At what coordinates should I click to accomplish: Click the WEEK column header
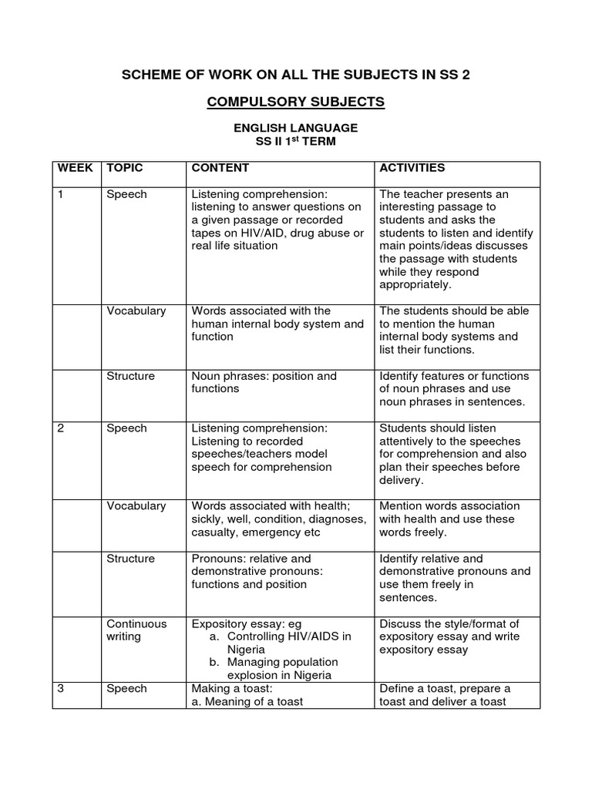tap(75, 168)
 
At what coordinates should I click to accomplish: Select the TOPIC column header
tap(125, 168)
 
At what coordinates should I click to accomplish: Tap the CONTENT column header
tap(220, 168)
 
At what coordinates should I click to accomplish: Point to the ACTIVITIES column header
tap(412, 168)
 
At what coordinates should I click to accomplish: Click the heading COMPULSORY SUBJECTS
tap(297, 102)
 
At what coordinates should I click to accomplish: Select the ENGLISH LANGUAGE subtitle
tap(297, 127)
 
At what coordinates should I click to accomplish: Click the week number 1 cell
tap(61, 194)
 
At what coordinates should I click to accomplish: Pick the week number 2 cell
tap(61, 428)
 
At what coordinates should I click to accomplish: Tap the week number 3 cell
tap(61, 688)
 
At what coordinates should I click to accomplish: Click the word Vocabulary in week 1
tap(136, 311)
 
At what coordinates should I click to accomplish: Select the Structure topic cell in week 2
tap(130, 558)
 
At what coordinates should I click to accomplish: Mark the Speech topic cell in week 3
tap(126, 688)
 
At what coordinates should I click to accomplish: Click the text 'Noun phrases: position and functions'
tap(264, 382)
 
